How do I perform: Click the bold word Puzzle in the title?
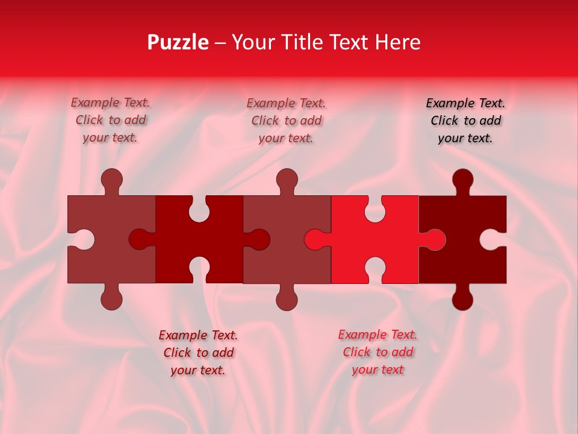coord(178,42)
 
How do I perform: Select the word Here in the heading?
coord(397,42)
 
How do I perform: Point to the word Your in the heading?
coord(253,42)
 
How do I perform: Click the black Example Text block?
coord(465,121)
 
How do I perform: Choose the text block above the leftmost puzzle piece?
coord(110,121)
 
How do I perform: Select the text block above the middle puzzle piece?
coord(286,121)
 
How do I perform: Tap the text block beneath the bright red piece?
coord(378,352)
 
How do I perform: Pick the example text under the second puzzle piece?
coord(198,353)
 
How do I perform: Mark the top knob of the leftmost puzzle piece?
coord(112,179)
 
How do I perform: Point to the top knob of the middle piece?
coord(287,179)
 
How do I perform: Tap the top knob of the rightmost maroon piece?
coord(462,179)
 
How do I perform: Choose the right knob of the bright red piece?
coord(435,240)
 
